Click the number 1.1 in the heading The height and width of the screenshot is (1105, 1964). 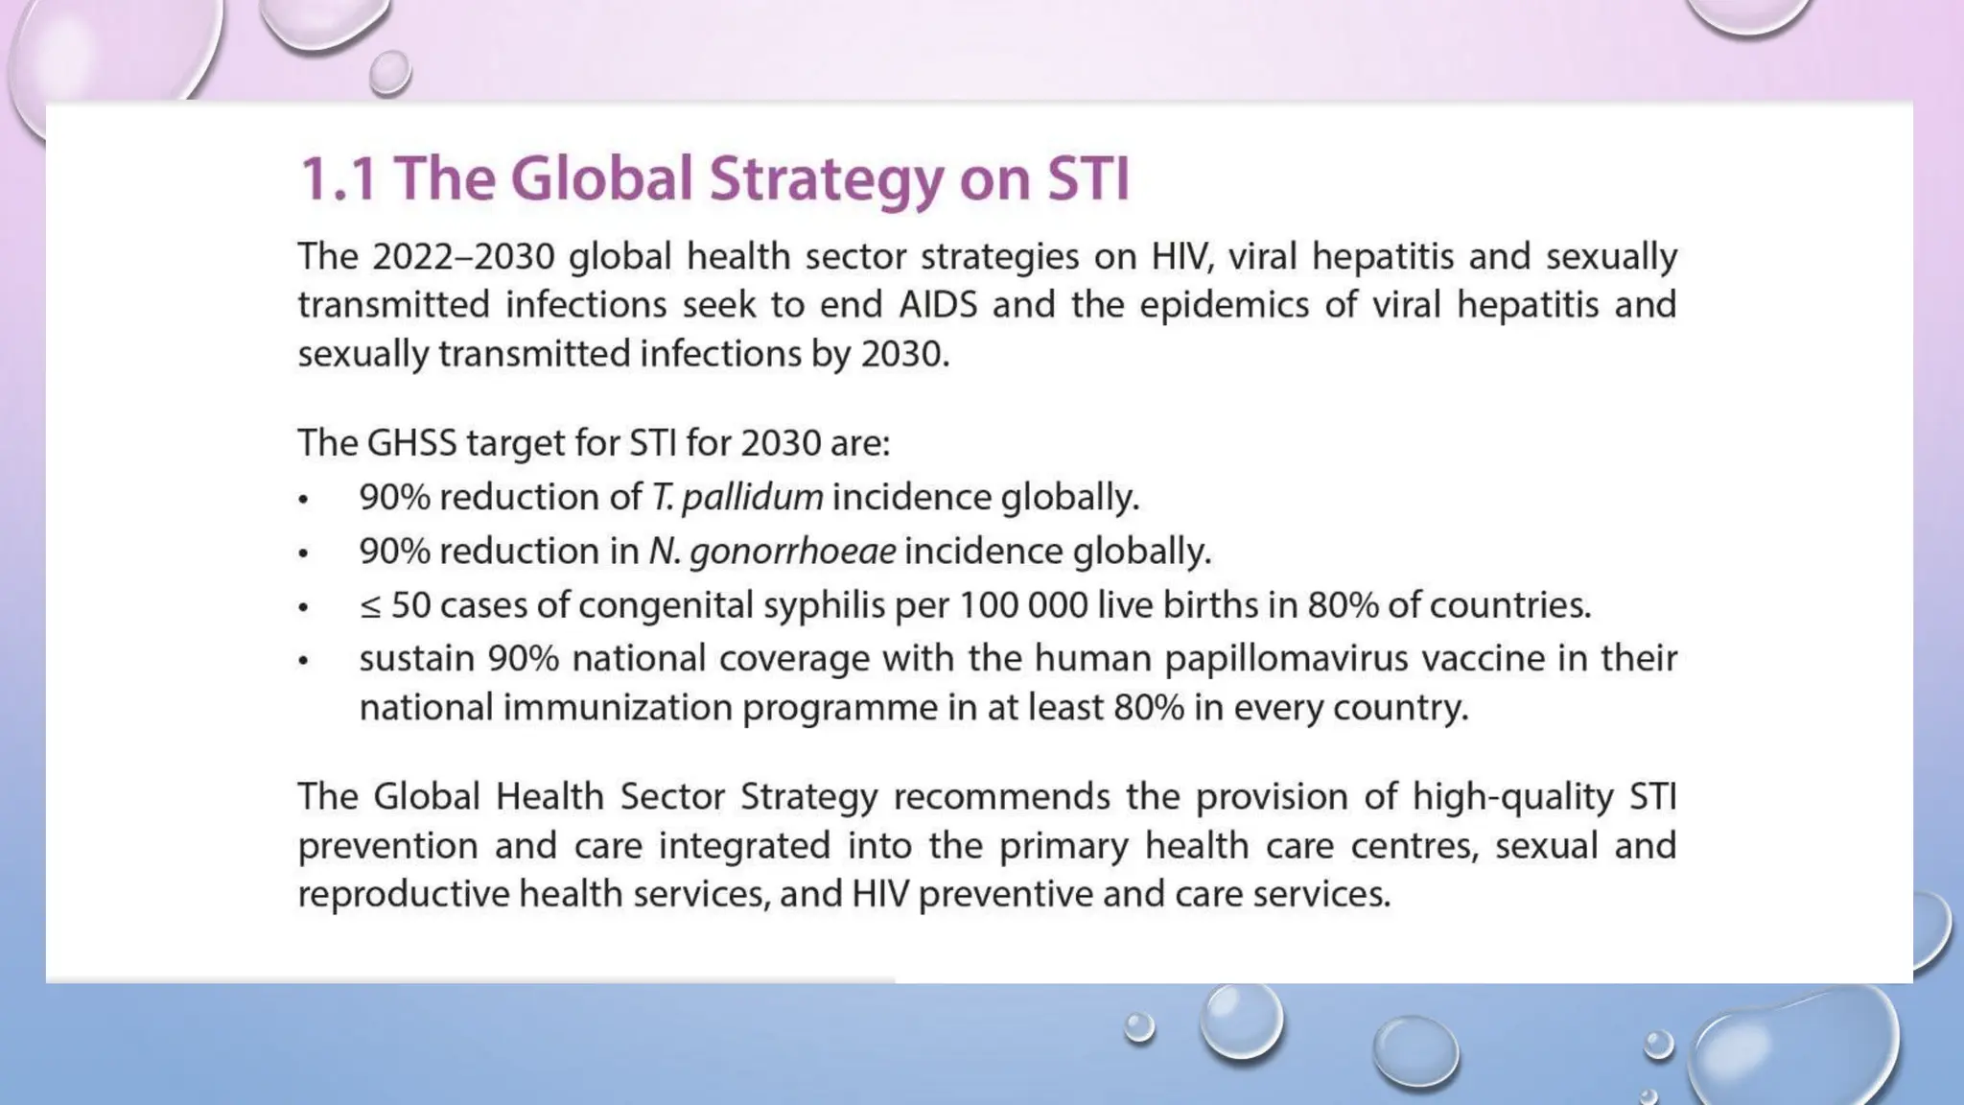pos(338,178)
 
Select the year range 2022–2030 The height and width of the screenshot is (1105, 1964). pos(463,257)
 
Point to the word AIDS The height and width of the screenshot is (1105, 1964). pos(937,305)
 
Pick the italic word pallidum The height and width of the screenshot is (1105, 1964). pos(752,498)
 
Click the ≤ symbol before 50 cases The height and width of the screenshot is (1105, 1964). pos(370,606)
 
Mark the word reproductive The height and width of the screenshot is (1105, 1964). pos(403,895)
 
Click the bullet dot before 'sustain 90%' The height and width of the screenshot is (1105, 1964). pos(304,661)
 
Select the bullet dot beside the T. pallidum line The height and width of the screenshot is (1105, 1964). pos(304,500)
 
